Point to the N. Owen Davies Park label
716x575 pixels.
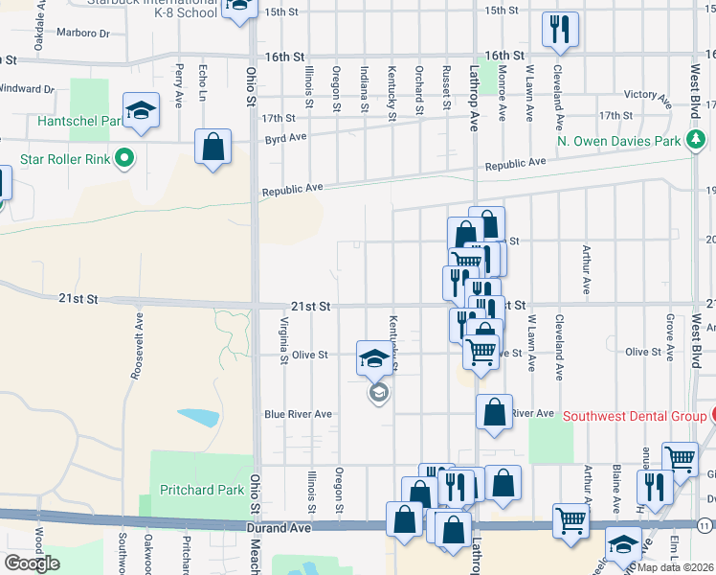click(x=619, y=142)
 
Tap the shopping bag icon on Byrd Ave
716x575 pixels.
click(x=213, y=148)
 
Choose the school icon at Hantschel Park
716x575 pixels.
click(x=141, y=111)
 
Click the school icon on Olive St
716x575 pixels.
click(x=373, y=358)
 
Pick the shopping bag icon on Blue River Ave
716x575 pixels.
click(x=494, y=413)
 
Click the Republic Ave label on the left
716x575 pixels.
click(x=294, y=191)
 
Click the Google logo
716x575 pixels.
click(x=31, y=563)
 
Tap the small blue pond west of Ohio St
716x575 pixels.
click(x=197, y=417)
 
